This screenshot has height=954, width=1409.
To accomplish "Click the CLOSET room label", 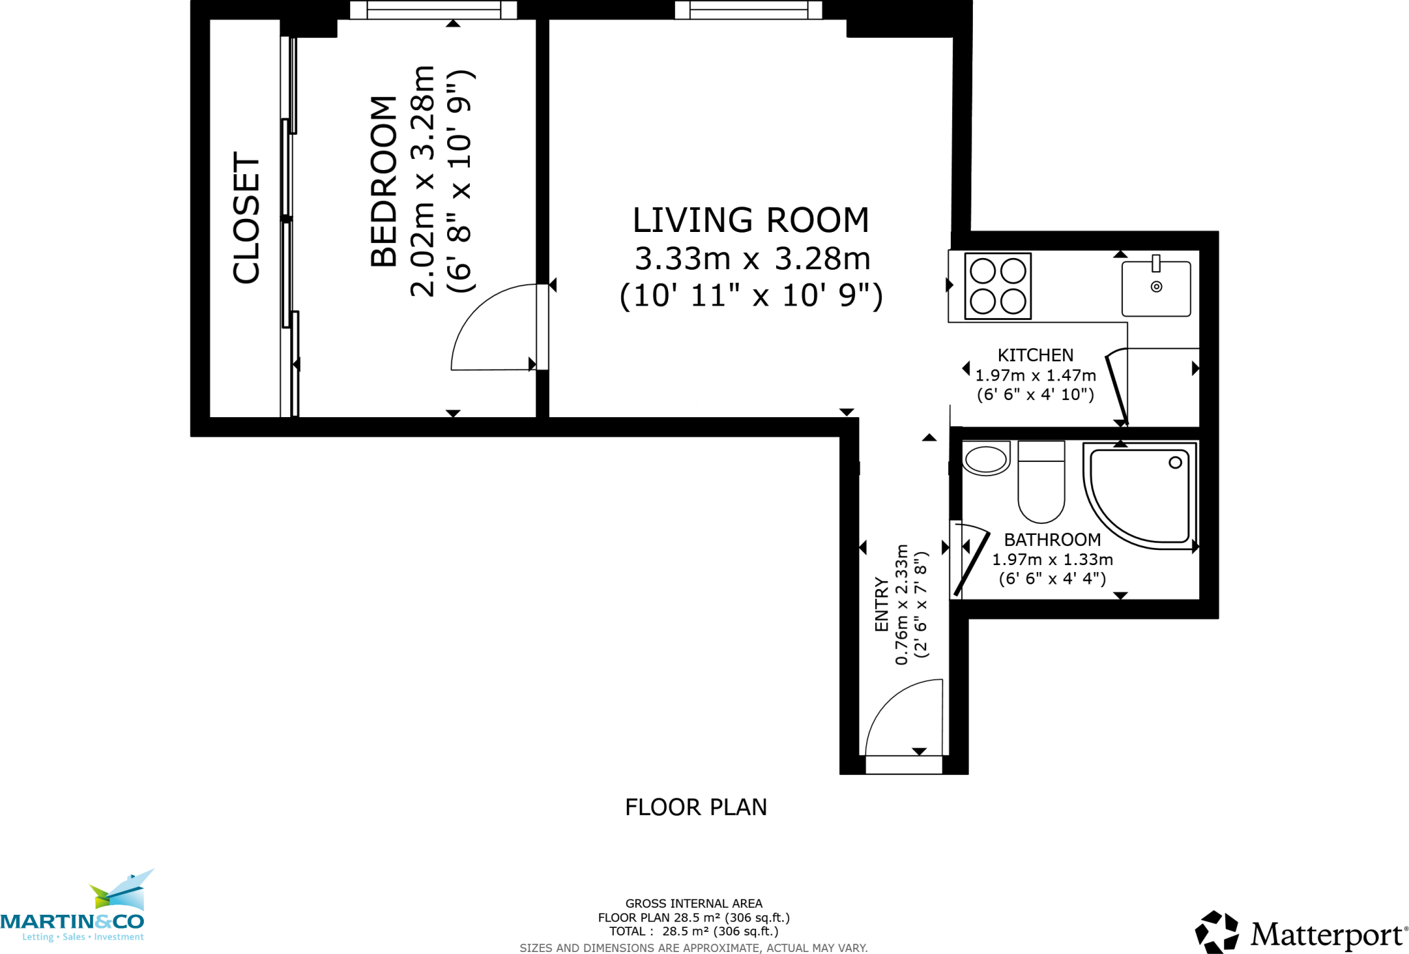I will pyautogui.click(x=246, y=218).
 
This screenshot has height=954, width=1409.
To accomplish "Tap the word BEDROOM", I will pyautogui.click(x=384, y=181).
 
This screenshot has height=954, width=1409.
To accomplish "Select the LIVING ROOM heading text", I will pyautogui.click(x=751, y=221).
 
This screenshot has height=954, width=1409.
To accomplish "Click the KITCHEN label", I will pyautogui.click(x=1035, y=355).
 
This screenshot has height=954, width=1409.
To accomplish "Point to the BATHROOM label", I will pyautogui.click(x=1052, y=540).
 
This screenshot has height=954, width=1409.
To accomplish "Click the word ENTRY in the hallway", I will pyautogui.click(x=881, y=604).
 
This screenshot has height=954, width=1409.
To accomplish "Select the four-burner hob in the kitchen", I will pyautogui.click(x=998, y=286).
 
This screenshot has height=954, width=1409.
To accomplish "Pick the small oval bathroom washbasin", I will pyautogui.click(x=986, y=459).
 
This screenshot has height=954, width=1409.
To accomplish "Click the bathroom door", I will pyautogui.click(x=971, y=561).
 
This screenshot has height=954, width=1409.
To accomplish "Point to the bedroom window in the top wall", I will pyautogui.click(x=433, y=10).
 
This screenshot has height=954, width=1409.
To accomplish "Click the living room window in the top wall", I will pyautogui.click(x=749, y=10).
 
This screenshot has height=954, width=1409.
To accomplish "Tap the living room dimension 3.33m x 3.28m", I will pyautogui.click(x=752, y=259).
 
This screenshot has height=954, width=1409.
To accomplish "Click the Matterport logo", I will pyautogui.click(x=1301, y=933).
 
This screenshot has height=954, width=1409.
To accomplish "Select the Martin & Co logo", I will pyautogui.click(x=76, y=909).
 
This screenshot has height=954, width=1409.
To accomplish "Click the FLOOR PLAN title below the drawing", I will pyautogui.click(x=696, y=807).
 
